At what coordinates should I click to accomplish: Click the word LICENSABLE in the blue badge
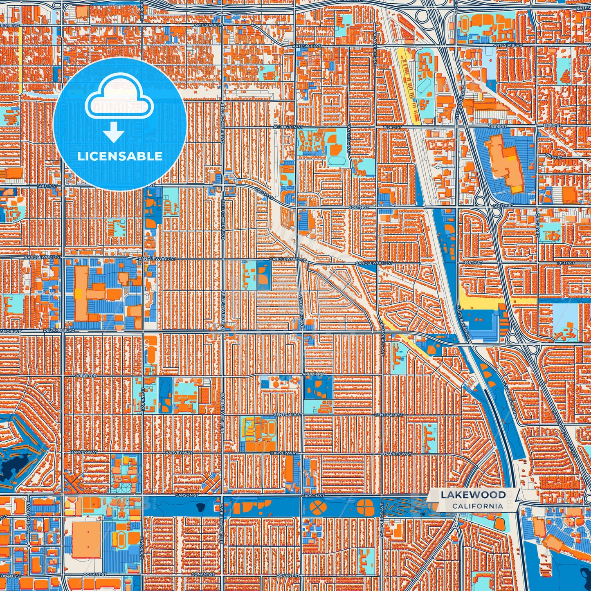point(120,156)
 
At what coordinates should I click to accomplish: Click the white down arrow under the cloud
point(114,133)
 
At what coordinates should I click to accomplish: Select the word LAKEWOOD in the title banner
point(473,495)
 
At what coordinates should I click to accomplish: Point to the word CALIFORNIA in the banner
point(478,506)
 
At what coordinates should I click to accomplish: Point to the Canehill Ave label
point(349,137)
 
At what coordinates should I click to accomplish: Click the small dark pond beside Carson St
point(200,508)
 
